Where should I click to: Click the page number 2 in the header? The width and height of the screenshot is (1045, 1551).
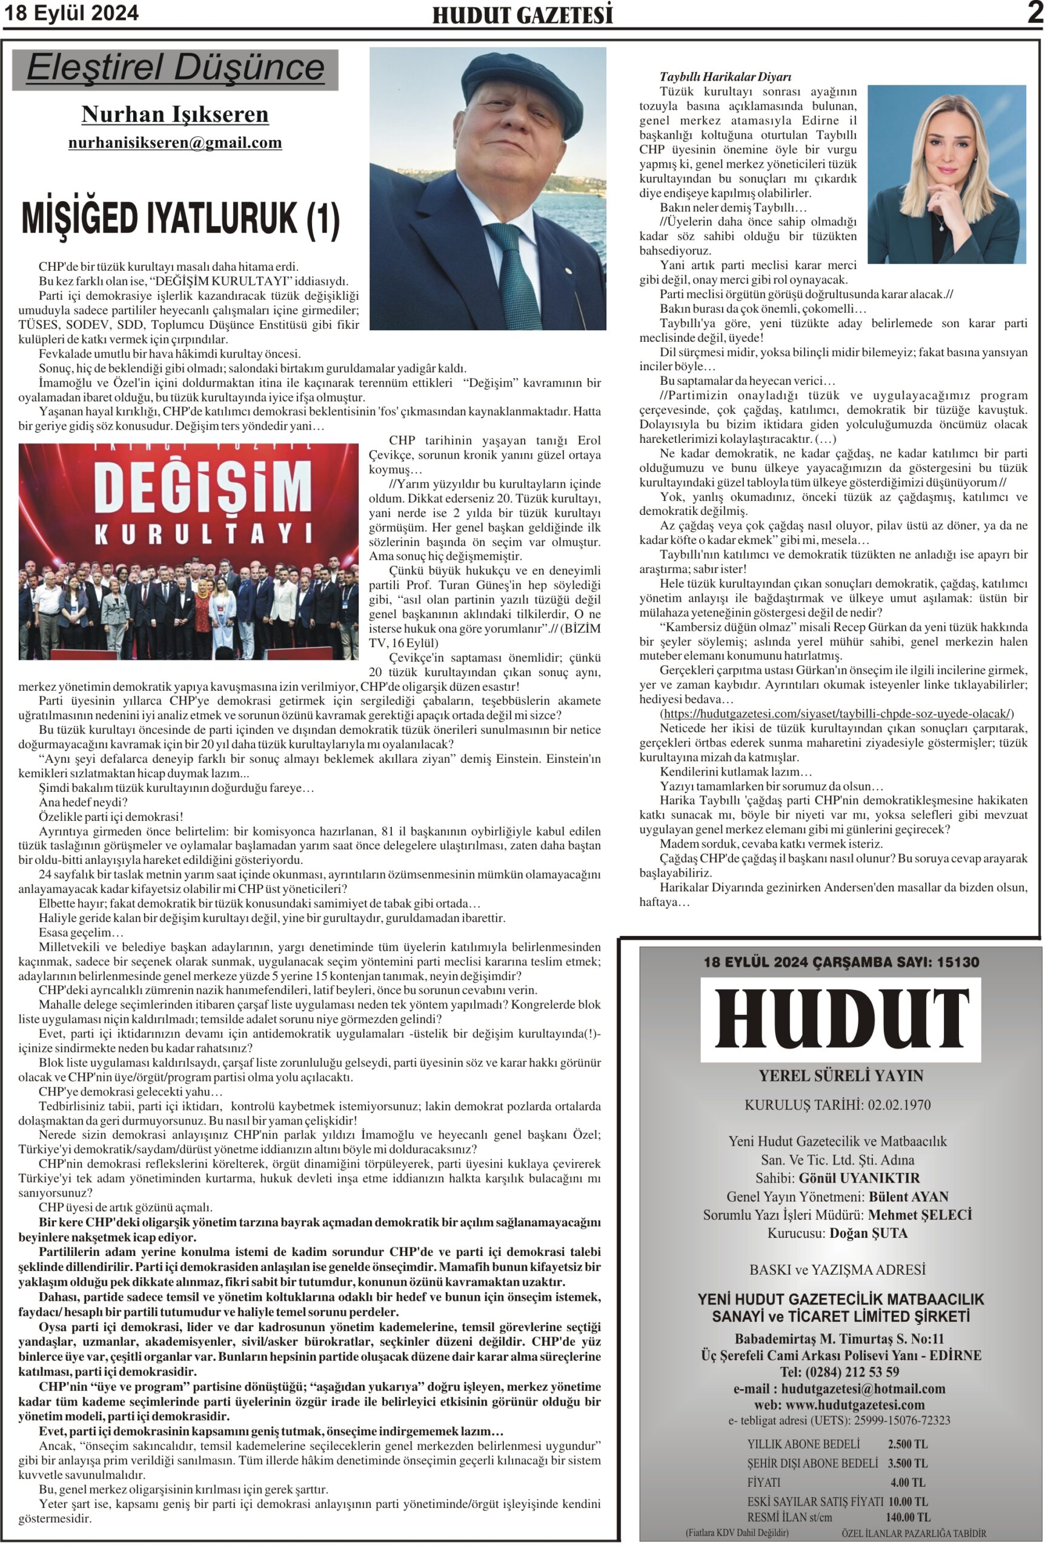pos(1034,13)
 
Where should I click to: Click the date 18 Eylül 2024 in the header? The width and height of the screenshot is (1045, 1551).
pos(72,13)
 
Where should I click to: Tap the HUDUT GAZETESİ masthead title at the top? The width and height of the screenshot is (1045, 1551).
pos(522,15)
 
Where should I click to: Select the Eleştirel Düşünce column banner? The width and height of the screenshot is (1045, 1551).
pos(175,68)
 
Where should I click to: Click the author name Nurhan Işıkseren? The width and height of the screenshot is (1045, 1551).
pos(174,115)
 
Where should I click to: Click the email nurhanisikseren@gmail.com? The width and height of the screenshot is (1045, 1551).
pos(174,142)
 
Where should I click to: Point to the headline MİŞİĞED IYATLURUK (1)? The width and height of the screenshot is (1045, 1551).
pos(181,219)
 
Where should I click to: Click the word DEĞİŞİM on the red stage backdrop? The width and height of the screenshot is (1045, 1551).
pos(188,484)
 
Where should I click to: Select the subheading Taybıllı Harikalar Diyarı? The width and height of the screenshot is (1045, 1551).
pos(725,77)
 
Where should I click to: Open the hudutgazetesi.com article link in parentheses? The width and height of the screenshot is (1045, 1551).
pos(837,713)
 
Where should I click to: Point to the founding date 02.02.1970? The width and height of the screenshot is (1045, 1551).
pos(899,1104)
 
